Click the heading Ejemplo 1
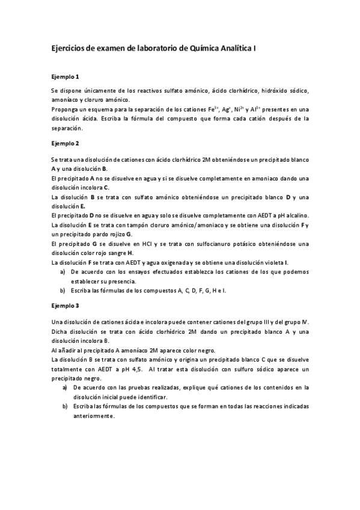click(x=65, y=76)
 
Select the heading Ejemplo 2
click(x=65, y=144)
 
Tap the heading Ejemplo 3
click(x=65, y=306)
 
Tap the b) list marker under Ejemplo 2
click(x=63, y=290)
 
